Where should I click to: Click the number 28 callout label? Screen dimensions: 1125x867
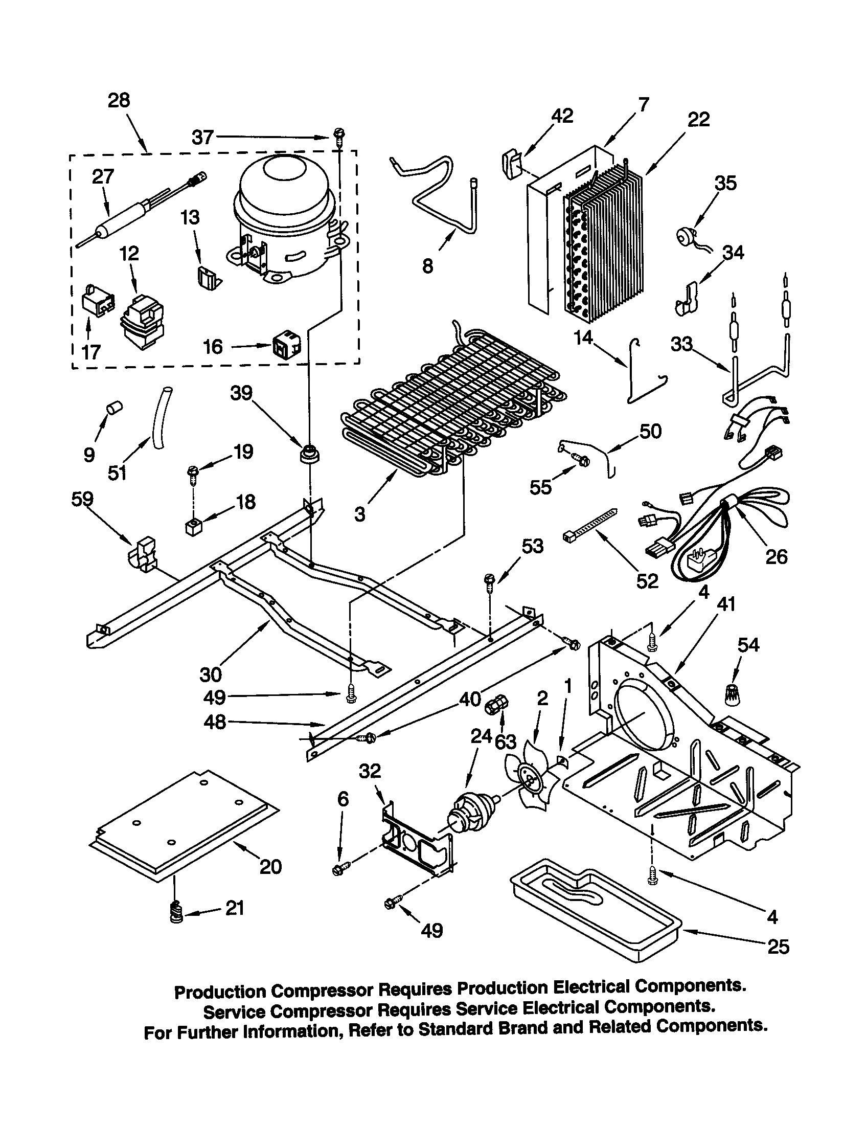(x=119, y=100)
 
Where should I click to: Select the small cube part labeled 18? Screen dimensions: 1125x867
(x=194, y=528)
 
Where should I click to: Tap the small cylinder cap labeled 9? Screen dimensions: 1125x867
(x=113, y=408)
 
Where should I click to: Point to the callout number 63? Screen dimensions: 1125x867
(x=505, y=742)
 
